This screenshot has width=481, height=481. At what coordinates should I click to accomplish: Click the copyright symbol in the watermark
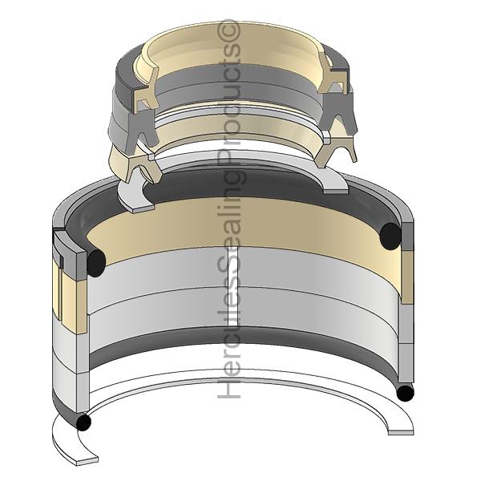[x=228, y=31]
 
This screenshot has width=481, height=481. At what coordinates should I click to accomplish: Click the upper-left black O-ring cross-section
[x=96, y=263]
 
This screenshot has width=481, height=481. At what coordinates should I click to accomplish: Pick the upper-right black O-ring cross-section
[x=390, y=236]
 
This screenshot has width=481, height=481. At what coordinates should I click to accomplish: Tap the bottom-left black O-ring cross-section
[x=83, y=422]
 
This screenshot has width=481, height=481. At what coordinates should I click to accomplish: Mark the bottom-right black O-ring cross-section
[x=406, y=393]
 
